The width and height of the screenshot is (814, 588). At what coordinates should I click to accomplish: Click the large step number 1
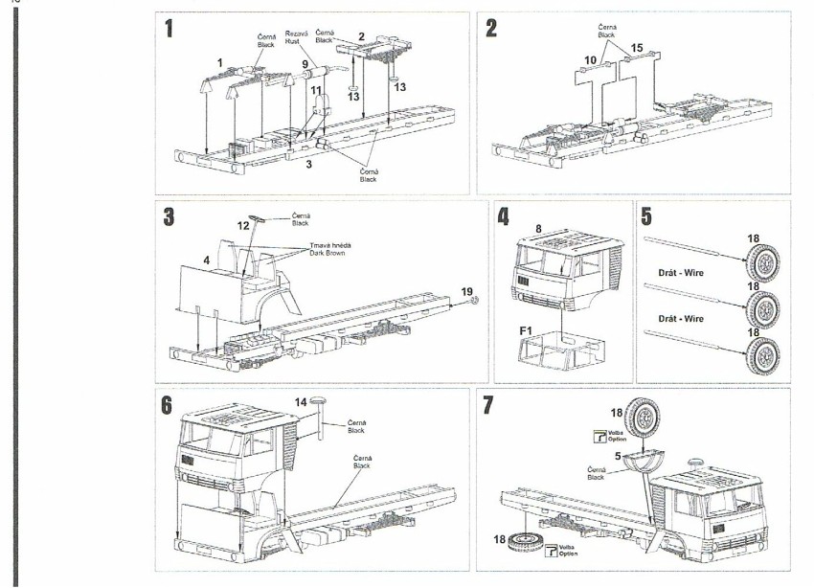coord(169,28)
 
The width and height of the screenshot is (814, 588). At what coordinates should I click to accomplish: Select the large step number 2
coord(491,28)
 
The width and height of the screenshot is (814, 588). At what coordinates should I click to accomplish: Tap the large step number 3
coord(169,216)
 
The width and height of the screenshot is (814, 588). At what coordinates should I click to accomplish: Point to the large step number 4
coord(503,216)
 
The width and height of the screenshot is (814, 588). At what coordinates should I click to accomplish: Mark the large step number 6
coord(169,404)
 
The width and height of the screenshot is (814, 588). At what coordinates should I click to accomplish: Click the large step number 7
coord(489,404)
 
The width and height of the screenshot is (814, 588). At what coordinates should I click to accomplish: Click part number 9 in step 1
coord(305,63)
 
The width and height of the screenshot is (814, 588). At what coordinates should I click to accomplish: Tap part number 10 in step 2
coord(590,59)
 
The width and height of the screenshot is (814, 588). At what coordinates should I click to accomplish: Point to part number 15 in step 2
coord(637,47)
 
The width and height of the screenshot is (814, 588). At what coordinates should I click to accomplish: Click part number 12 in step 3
coord(243,225)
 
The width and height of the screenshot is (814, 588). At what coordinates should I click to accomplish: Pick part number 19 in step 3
coord(465,290)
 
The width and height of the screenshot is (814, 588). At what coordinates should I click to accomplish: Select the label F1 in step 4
coord(524,330)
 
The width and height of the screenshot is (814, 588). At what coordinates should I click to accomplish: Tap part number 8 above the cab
coord(538,229)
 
